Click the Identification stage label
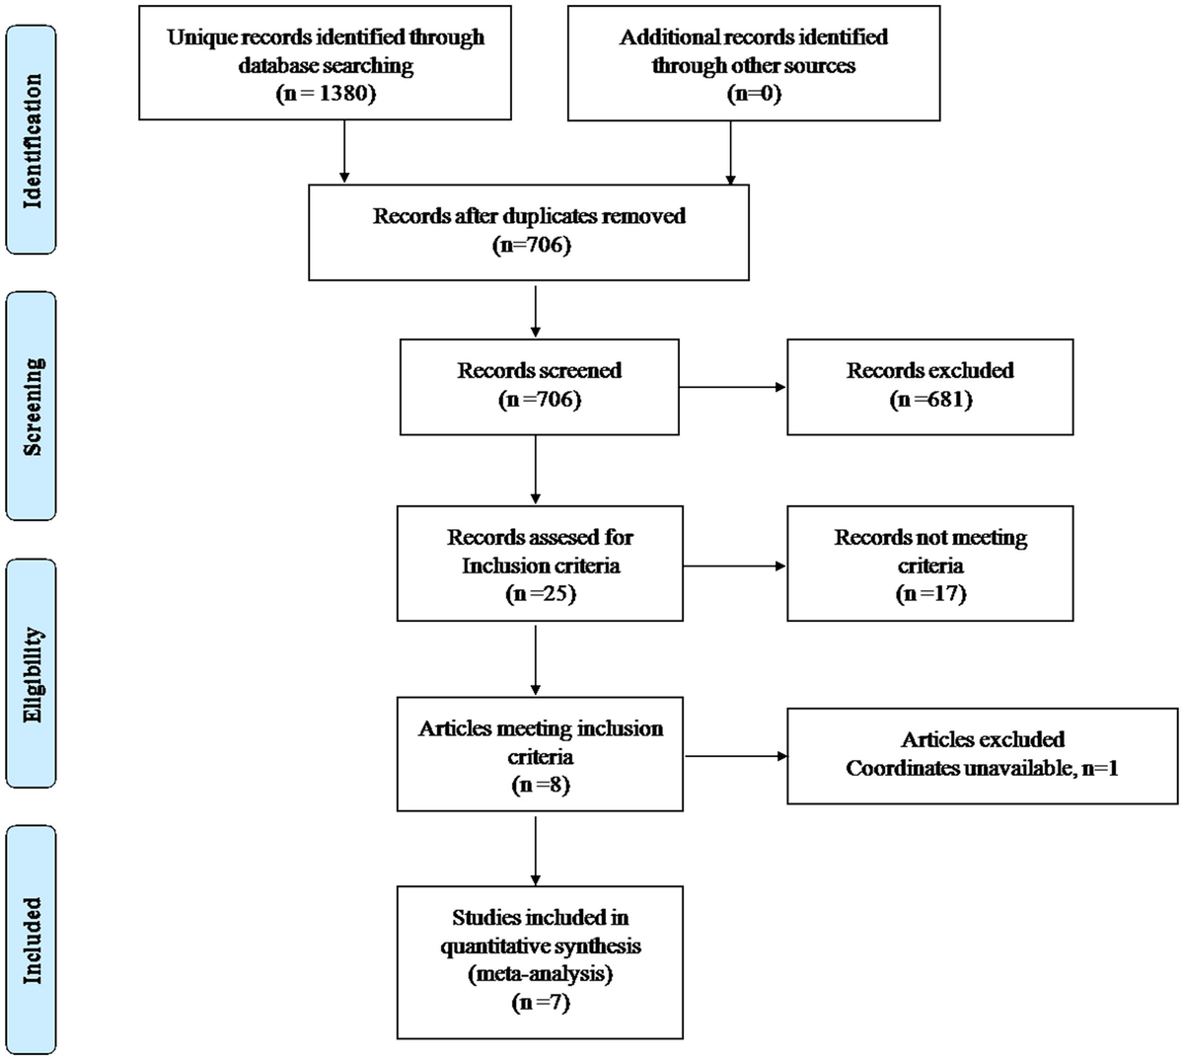[31, 140]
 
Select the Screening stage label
[31, 406]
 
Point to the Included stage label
[31, 940]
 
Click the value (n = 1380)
[326, 95]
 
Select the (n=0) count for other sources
[753, 95]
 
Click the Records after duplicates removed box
[529, 230]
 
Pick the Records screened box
[539, 386]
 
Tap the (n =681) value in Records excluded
[929, 400]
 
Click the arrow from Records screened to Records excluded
[732, 387]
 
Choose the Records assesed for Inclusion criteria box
[539, 564]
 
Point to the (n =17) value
[929, 593]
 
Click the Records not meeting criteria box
[929, 564]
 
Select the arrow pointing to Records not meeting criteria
[734, 566]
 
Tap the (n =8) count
[540, 786]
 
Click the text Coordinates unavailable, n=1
[982, 768]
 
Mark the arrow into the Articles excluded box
[734, 757]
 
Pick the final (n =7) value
[540, 1003]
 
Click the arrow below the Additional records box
[730, 152]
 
